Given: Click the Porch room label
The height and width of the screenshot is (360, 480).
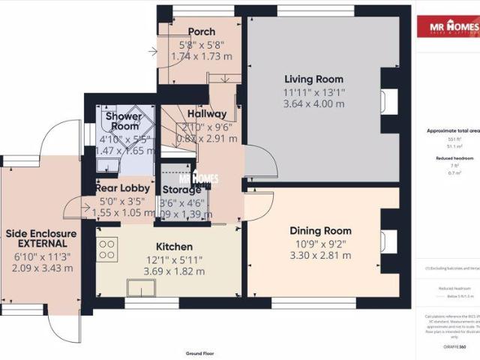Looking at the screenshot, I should [202, 31].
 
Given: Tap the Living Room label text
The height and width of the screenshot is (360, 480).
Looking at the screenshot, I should [313, 79].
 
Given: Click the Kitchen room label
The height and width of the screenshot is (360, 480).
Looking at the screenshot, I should [174, 247].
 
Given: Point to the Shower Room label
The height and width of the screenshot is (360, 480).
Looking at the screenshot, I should [124, 122].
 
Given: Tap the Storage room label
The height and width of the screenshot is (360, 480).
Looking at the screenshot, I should [181, 189].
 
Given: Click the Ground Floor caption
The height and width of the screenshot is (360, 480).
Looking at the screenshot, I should [199, 352].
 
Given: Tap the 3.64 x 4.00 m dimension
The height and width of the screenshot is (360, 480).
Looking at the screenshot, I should [313, 103].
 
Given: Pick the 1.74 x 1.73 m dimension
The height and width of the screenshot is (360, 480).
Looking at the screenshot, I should [202, 56].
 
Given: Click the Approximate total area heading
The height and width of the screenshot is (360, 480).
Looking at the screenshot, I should [452, 130].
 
